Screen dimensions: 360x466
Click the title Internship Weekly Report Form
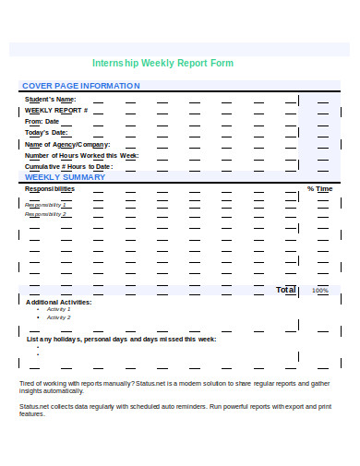coord(163,64)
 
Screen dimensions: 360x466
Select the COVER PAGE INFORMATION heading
coord(80,86)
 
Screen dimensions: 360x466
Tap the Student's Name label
coord(51,99)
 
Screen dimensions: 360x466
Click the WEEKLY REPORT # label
coord(56,110)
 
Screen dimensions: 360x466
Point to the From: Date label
coord(42,121)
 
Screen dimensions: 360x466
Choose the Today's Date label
coord(47,133)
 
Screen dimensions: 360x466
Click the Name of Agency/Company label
coord(67,144)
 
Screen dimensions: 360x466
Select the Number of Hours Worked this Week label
coord(81,155)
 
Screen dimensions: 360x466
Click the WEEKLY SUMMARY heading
coord(65,176)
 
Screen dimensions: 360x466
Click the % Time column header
coord(319,189)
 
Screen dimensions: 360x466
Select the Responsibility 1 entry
coord(46,204)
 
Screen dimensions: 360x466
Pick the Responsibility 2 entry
coord(46,213)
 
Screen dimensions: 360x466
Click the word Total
coord(286,290)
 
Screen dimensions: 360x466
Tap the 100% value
coord(320,291)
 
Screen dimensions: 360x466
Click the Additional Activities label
coord(59,302)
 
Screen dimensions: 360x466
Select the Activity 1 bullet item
coord(58,310)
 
